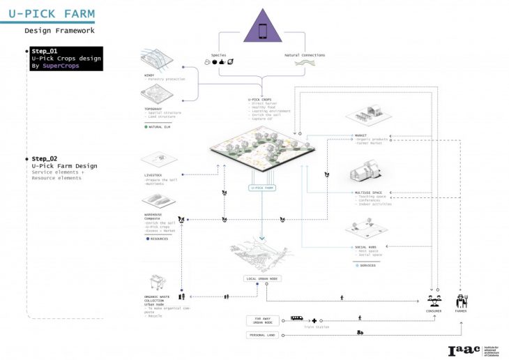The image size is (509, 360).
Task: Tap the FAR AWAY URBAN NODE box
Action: coord(262,320)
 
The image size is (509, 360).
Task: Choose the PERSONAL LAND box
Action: coord(263,336)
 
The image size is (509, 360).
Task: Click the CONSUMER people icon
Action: coord(433,301)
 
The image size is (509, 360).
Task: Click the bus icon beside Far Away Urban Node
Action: coord(296,317)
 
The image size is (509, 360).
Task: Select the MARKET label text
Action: coord(360,135)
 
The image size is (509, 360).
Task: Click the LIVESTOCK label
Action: coord(153,174)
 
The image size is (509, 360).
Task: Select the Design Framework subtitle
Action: coord(59,31)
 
